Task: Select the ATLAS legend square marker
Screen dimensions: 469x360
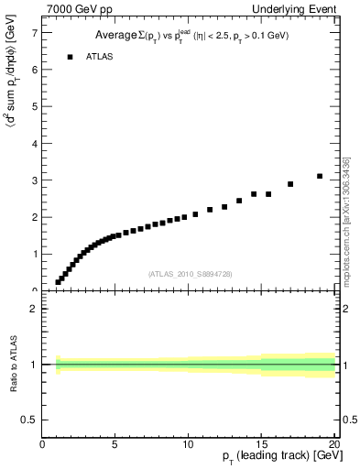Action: [70, 57]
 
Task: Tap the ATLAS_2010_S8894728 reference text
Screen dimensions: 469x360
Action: [191, 274]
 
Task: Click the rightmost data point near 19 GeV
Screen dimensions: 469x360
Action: [320, 176]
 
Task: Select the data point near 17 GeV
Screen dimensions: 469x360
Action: [290, 184]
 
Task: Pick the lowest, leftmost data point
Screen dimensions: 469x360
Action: [58, 282]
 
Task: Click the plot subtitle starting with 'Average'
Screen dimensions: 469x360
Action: [191, 36]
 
